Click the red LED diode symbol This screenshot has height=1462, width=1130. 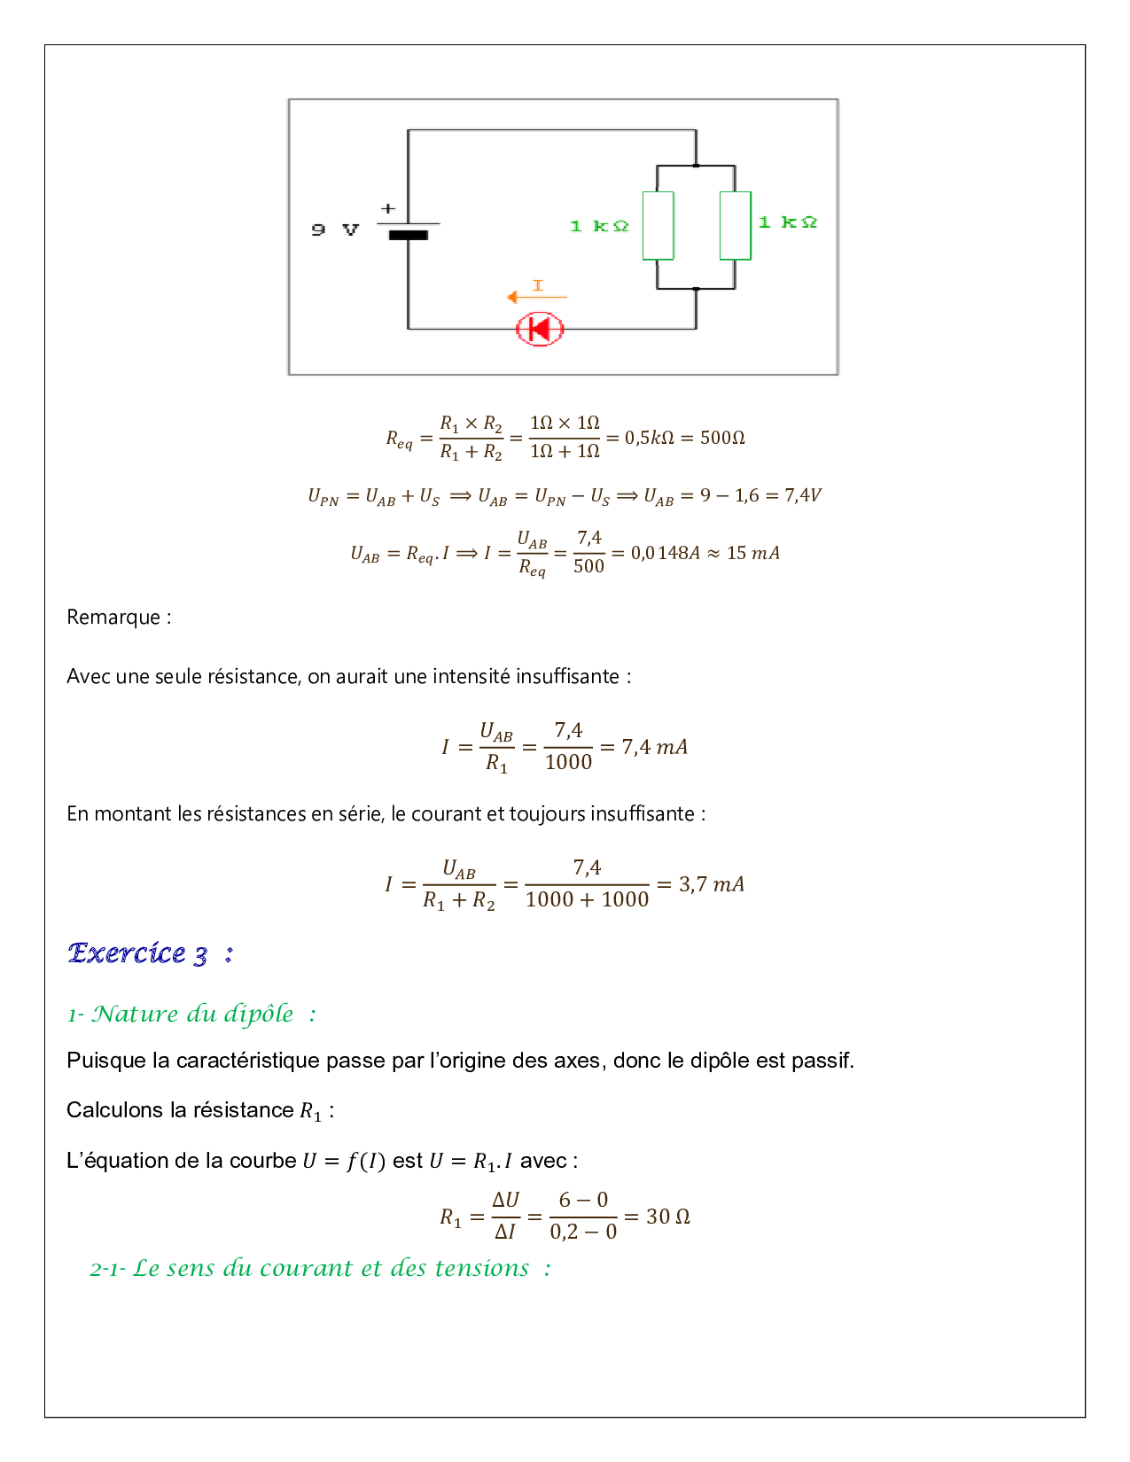(540, 330)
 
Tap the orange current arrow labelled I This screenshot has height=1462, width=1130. (535, 294)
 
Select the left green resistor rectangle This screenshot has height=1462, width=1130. (658, 225)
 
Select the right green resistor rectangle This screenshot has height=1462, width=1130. (736, 225)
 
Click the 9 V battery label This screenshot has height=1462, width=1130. (335, 230)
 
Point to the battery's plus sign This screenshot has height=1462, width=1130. (388, 209)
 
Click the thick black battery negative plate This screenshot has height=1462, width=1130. (408, 236)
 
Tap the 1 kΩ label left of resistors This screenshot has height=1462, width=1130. (599, 227)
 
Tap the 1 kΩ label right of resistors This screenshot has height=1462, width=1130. (787, 222)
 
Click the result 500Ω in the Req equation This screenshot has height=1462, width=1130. (722, 438)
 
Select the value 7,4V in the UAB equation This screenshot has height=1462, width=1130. (803, 495)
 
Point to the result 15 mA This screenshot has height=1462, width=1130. (753, 553)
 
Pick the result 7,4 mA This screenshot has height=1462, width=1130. (654, 747)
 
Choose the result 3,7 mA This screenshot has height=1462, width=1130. (712, 884)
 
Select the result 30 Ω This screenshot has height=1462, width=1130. (668, 1217)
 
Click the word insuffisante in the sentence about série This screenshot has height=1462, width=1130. (643, 814)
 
